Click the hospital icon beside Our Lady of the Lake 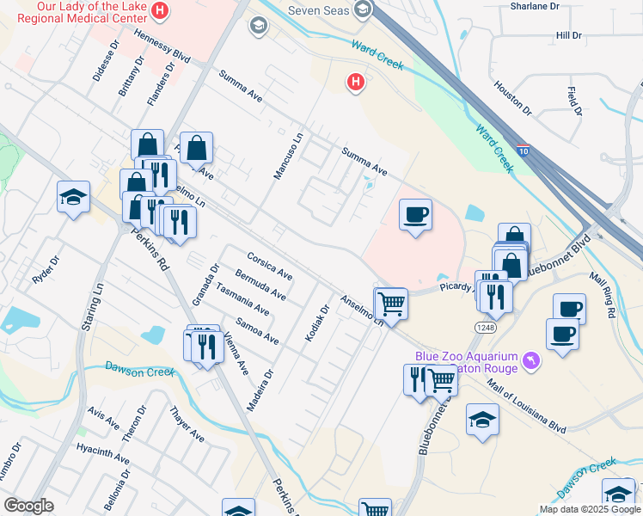click(159, 10)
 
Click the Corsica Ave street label click(270, 267)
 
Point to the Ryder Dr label click(47, 270)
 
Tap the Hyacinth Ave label click(101, 456)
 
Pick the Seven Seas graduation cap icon click(363, 9)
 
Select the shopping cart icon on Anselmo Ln click(391, 303)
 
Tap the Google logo click(28, 506)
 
